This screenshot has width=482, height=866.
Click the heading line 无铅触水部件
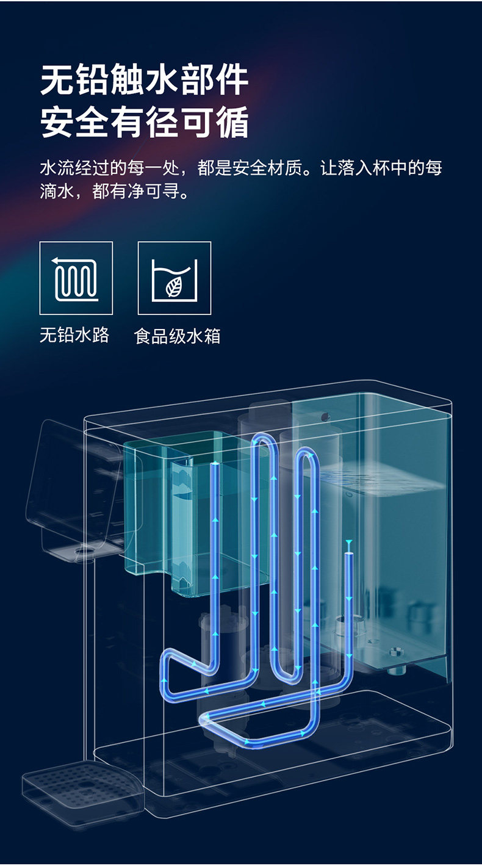(x=145, y=80)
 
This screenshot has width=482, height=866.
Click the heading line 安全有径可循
(x=145, y=123)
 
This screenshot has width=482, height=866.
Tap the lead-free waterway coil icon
(x=76, y=278)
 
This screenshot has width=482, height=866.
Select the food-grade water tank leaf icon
(x=174, y=278)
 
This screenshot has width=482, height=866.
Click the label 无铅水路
(x=74, y=335)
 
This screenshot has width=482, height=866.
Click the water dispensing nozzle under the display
(x=82, y=553)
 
